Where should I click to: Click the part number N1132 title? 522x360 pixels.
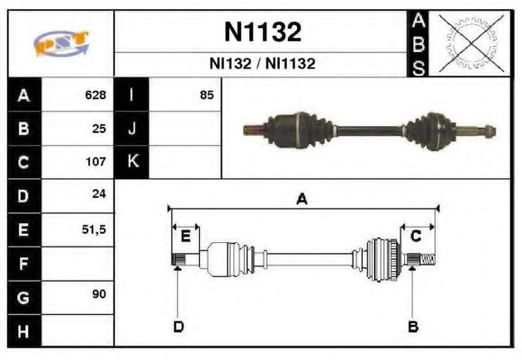[262, 32]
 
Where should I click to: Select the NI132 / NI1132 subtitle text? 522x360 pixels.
[262, 64]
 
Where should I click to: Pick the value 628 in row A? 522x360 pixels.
[95, 94]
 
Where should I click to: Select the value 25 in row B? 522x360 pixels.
[99, 128]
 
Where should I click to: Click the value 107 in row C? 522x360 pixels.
[95, 162]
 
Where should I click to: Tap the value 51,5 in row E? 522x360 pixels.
[94, 229]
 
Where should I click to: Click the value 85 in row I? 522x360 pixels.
[206, 94]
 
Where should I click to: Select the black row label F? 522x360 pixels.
[22, 264]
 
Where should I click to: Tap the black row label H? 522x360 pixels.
[22, 330]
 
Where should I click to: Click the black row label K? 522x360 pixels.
[132, 162]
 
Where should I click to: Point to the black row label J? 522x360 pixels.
[132, 128]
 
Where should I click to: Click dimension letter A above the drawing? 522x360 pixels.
[302, 200]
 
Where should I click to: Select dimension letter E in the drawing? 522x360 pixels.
[185, 236]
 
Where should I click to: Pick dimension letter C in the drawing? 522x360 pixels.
[416, 236]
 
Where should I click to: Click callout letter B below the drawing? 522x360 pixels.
[412, 326]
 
